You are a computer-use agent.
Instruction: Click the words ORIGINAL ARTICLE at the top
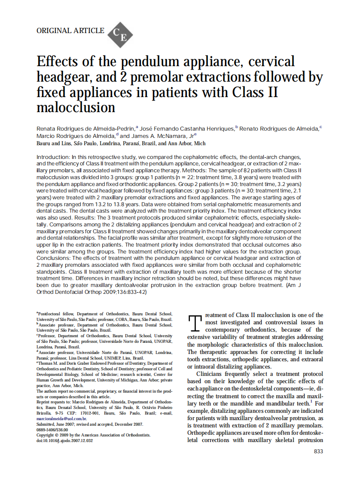[70, 31]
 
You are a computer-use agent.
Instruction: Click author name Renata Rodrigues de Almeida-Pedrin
[86, 128]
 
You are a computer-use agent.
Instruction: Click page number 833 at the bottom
[317, 451]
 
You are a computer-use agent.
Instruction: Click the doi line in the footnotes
[64, 440]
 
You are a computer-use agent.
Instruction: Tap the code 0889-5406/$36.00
[52, 429]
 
